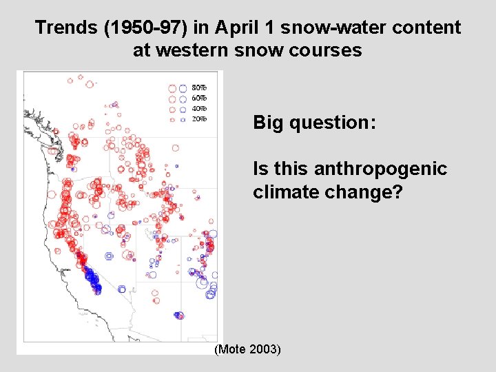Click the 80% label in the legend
(199, 88)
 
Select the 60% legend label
(199, 99)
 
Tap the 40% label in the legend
(199, 109)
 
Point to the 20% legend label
(199, 119)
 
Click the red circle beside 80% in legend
(173, 88)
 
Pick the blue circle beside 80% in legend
(183, 88)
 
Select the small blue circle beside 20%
(183, 119)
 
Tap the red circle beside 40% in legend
(173, 109)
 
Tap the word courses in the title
(329, 50)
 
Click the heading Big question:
(314, 123)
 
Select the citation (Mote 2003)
(248, 350)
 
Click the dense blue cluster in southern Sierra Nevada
(92, 278)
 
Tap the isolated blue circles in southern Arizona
(179, 315)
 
